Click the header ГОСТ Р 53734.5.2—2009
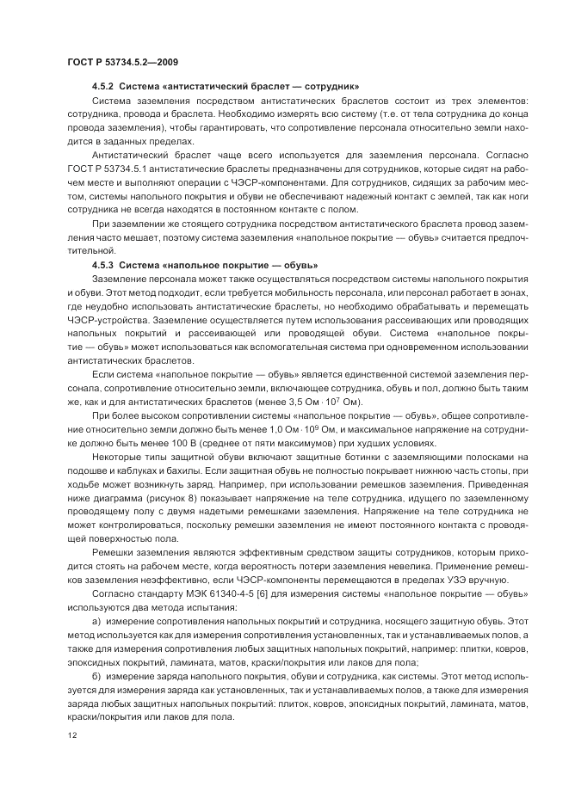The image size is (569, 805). pyautogui.click(x=121, y=63)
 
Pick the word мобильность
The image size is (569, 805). pyautogui.click(x=300, y=292)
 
